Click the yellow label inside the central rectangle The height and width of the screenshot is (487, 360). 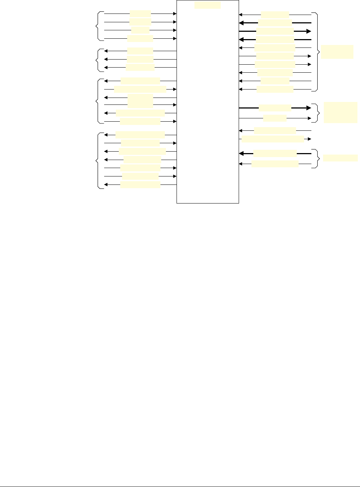(x=208, y=5)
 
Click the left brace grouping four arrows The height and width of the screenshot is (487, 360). (x=97, y=26)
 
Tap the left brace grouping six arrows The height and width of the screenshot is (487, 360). (x=97, y=101)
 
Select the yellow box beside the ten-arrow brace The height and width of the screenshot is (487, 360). (x=337, y=52)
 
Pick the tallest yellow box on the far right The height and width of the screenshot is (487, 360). (x=341, y=113)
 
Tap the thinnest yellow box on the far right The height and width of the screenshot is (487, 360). (x=341, y=158)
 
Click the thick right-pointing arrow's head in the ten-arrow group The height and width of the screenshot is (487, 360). (x=308, y=31)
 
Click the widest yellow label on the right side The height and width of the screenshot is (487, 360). (x=273, y=139)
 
